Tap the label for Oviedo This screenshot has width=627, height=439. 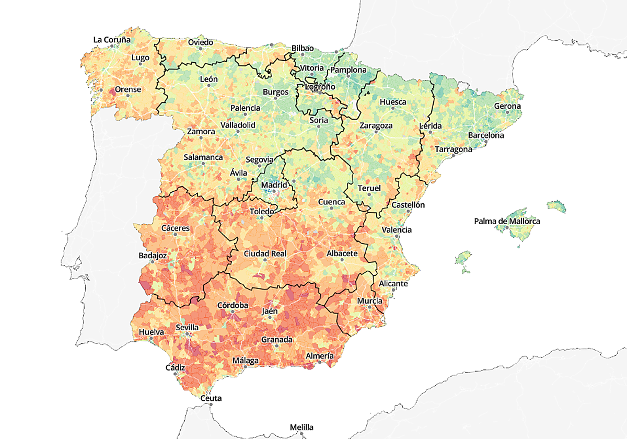click(x=200, y=42)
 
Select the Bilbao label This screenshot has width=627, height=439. click(x=303, y=48)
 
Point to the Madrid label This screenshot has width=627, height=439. click(x=274, y=185)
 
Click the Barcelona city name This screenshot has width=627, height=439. click(x=486, y=135)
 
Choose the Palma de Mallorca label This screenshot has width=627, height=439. click(x=507, y=222)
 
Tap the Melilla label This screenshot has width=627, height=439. click(x=303, y=427)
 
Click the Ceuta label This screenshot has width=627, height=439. click(x=211, y=398)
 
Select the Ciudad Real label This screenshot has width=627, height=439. click(x=265, y=253)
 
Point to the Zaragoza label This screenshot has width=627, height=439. click(x=376, y=126)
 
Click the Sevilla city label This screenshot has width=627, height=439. click(x=187, y=328)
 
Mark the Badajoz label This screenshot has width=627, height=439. click(x=153, y=256)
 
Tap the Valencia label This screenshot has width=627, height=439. click(x=397, y=230)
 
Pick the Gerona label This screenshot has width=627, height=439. click(x=508, y=106)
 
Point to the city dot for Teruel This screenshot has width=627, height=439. click(x=369, y=194)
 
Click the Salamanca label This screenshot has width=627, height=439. click(x=203, y=157)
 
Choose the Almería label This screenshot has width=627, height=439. click(x=319, y=356)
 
